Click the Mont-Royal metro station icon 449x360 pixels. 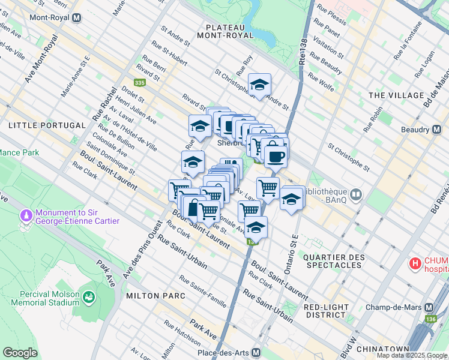coord(76,17)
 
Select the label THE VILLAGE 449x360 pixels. coord(396,95)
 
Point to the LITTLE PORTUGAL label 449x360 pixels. coord(47,125)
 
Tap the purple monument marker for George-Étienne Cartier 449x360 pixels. coord(26,215)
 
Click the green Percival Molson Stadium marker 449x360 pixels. coord(89,297)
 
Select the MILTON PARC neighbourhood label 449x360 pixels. coord(150,296)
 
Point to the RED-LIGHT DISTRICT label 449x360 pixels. coord(326,310)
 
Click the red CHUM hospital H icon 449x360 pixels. coord(415,263)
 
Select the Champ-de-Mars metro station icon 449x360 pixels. coord(429,306)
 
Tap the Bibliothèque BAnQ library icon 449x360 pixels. coord(356,194)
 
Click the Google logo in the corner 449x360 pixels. coord(20,353)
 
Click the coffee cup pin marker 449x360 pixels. coord(275,157)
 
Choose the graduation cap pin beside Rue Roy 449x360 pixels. coord(259,86)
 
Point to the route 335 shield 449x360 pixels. coord(139,83)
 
